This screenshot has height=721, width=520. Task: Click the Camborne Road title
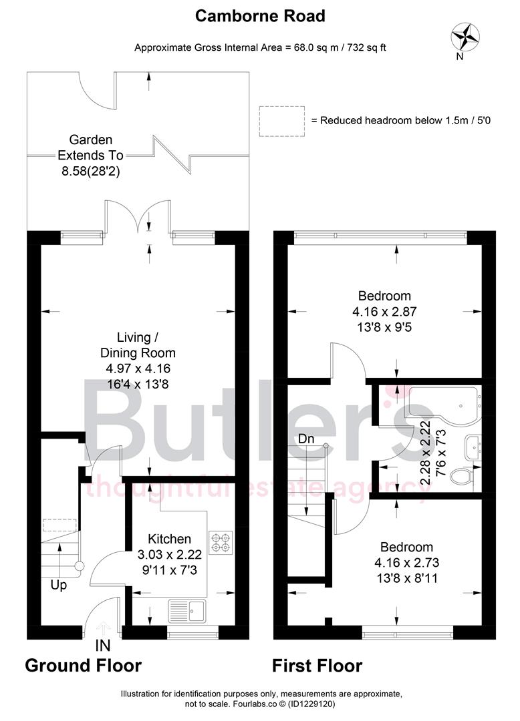click(260, 16)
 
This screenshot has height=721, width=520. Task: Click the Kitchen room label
click(170, 539)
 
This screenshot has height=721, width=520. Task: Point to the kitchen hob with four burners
click(219, 541)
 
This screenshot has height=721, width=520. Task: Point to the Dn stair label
click(307, 439)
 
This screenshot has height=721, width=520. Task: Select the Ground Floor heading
click(84, 666)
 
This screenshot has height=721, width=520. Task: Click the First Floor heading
click(317, 666)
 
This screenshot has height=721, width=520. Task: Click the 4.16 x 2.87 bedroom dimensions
click(384, 312)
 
